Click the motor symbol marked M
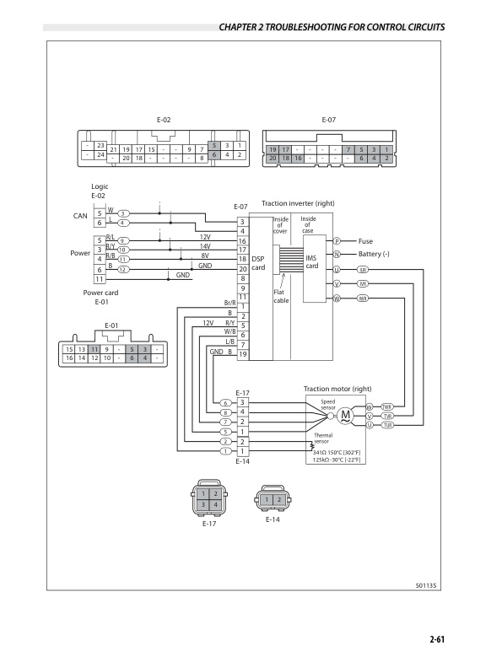345,416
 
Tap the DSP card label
258,263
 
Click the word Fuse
365,241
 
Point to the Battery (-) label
376,254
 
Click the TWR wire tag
388,406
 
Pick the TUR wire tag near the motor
388,425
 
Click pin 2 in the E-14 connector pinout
278,500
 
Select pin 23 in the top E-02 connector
100,146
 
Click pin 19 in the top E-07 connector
273,149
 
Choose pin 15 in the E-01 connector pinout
69,348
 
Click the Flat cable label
282,295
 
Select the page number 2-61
436,640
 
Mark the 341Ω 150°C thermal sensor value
337,453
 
